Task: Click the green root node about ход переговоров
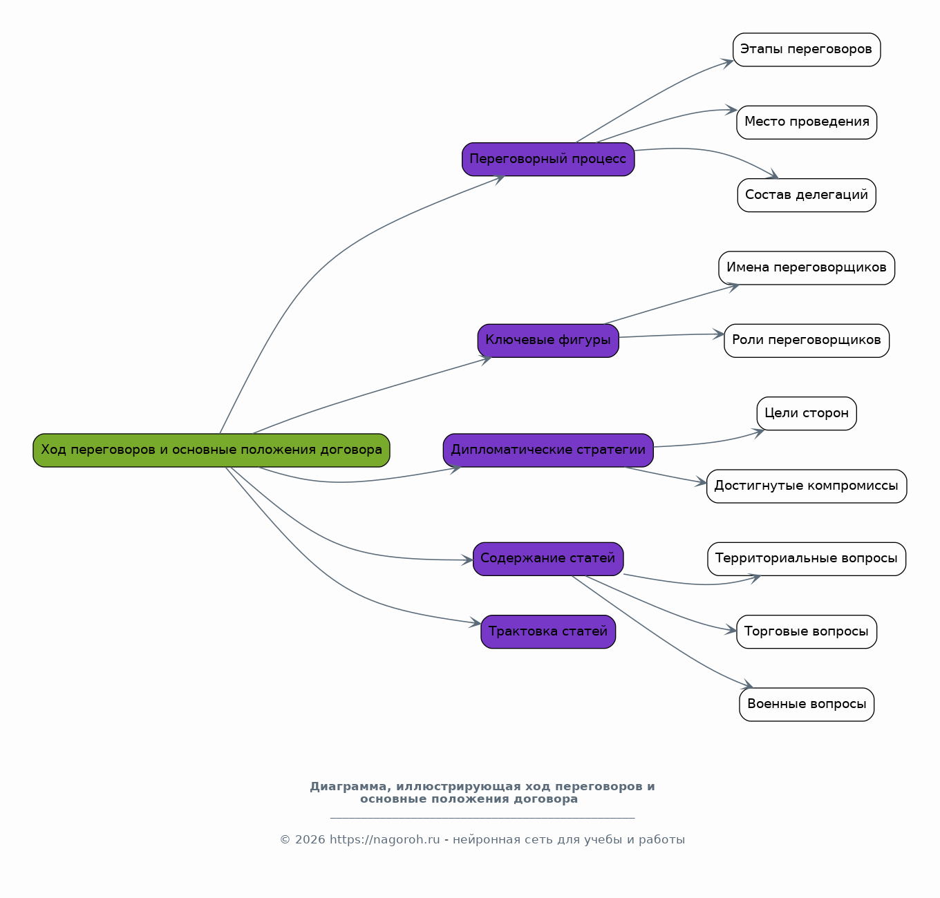211,450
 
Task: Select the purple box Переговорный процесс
548,159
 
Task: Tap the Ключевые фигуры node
548,341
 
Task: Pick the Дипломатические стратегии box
548,450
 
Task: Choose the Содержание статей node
548,559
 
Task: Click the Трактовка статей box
548,631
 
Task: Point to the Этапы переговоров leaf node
806,50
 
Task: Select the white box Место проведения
806,122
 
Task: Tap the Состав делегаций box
806,195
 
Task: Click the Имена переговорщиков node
806,268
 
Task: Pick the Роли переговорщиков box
806,341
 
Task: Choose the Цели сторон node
806,413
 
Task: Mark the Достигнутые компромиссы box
806,486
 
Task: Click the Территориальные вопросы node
806,559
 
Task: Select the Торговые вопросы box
806,631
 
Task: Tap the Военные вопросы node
806,705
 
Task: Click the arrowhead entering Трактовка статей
476,623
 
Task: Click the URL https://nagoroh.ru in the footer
384,839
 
